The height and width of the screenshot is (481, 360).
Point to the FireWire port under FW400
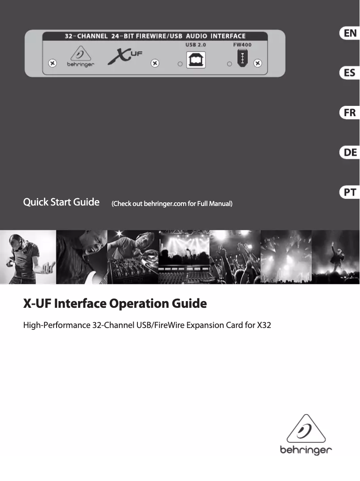[242, 59]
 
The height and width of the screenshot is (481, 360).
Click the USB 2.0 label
[196, 45]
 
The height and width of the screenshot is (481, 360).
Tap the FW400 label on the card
[242, 45]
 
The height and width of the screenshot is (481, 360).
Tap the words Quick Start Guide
[61, 202]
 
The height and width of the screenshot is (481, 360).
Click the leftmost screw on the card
[52, 63]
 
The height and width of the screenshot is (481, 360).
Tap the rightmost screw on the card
[258, 63]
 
